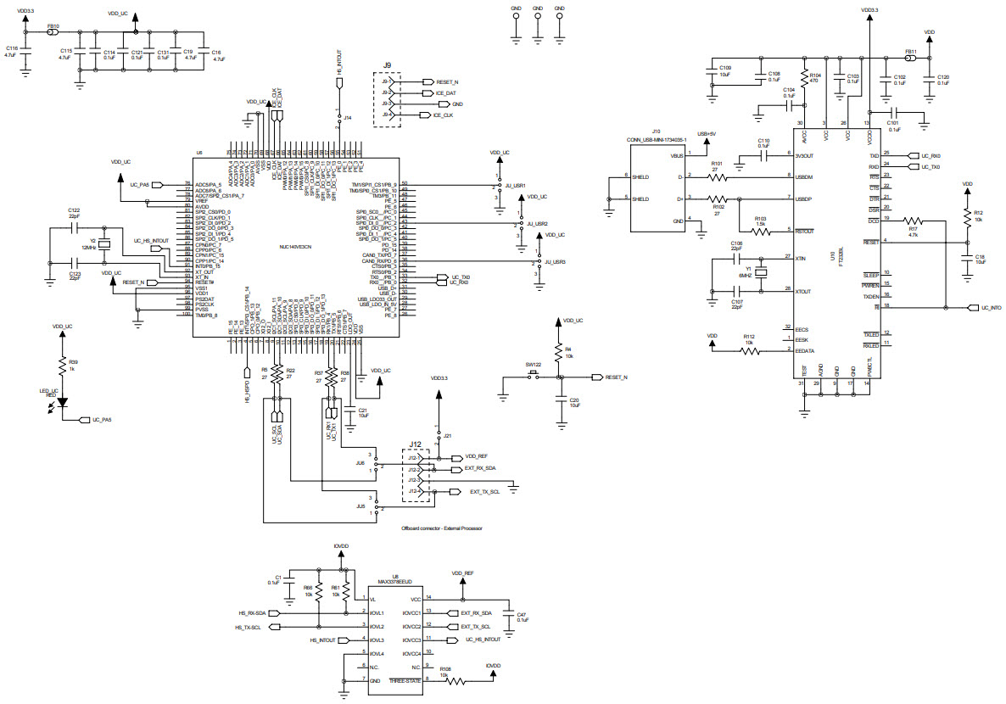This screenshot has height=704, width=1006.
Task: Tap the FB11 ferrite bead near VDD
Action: pos(910,59)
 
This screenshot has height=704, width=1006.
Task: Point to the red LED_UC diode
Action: pos(62,403)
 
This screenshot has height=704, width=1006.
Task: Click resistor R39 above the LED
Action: pos(62,366)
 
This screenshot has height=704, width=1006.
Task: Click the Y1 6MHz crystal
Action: pos(761,273)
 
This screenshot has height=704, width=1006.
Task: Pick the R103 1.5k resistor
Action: pos(761,230)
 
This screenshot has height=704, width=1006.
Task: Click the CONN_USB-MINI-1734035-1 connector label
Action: pos(656,138)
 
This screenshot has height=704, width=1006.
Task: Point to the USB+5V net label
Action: pos(706,134)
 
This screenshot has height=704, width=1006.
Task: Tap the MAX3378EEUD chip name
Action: pos(395,582)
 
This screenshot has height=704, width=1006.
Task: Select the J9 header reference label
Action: pos(386,65)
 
